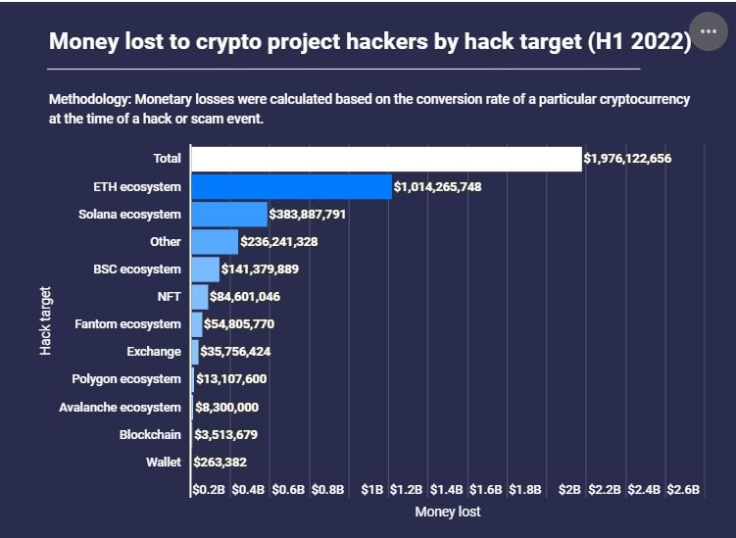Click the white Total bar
point(385,159)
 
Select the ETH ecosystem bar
point(291,186)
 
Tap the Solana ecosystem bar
point(228,214)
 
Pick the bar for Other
point(214,241)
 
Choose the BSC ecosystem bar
point(205,269)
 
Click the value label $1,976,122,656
point(627,159)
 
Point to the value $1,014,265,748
point(437,186)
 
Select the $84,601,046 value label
point(245,297)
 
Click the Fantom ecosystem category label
point(128,324)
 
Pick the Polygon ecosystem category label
point(126,379)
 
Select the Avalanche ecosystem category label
point(120,407)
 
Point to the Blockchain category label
point(150,434)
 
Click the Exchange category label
point(154,352)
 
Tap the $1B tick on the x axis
point(371,488)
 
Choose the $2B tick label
point(570,488)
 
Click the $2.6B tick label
point(683,488)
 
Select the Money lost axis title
point(448,512)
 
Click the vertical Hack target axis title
point(46,319)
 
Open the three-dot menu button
point(709,31)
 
